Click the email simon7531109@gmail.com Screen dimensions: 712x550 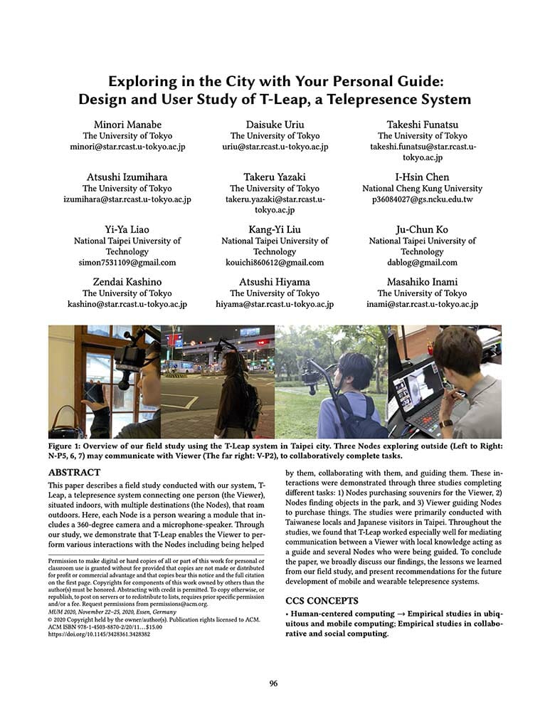tap(127, 262)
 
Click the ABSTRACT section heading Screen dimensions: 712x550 tap(74, 472)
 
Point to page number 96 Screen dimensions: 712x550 tap(274, 684)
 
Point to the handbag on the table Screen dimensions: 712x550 tap(66, 426)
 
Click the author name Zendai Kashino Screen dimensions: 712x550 tap(127, 282)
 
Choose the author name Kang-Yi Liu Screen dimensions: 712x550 tap(275, 230)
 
